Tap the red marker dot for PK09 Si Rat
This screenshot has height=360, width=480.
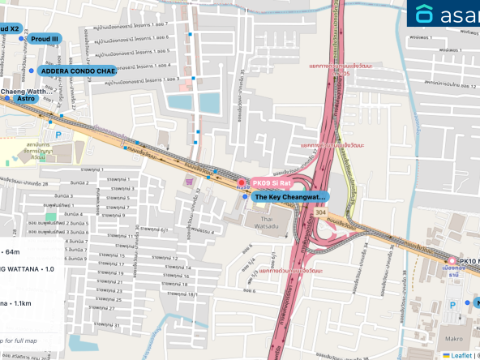[240, 183]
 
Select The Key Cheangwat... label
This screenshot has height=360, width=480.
[290, 197]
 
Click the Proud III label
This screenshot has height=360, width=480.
[45, 38]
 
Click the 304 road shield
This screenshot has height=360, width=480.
[320, 213]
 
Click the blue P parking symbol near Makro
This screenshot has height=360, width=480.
[453, 302]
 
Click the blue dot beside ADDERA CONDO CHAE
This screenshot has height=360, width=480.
[32, 71]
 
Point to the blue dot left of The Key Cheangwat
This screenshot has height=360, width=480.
[246, 197]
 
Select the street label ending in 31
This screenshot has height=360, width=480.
[111, 326]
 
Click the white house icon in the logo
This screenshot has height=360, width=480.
[424, 14]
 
